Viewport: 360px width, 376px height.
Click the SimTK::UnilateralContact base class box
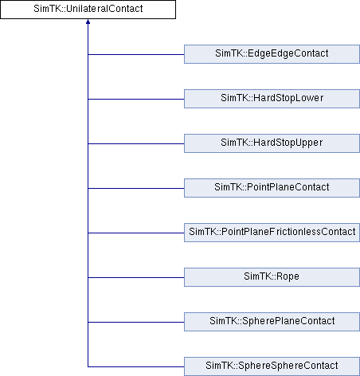point(88,10)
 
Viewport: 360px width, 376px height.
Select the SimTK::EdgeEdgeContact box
point(272,54)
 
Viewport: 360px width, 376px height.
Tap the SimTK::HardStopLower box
point(272,99)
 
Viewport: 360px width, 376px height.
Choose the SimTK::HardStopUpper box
point(272,143)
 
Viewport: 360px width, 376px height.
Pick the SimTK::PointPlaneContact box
point(272,188)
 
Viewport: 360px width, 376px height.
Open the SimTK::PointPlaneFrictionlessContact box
point(272,233)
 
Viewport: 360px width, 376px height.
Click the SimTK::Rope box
point(272,277)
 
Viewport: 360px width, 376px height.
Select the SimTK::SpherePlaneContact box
point(272,322)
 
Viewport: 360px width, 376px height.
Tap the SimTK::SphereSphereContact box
point(272,366)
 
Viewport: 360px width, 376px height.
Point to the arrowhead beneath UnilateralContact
point(88,22)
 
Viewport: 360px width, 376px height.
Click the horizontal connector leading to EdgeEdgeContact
point(136,54)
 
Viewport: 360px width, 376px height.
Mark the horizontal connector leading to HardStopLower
point(136,99)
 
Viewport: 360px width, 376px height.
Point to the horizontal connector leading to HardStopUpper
point(136,143)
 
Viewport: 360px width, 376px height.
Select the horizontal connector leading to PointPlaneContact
point(136,188)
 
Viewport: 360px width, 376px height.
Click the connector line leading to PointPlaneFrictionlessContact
point(136,233)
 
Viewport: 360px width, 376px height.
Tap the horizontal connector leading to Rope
point(136,277)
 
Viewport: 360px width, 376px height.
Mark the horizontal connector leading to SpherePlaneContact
point(136,322)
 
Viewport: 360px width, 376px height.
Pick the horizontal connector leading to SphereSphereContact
point(136,366)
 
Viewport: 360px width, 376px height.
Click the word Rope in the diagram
point(288,276)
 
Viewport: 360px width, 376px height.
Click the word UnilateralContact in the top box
point(104,9)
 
